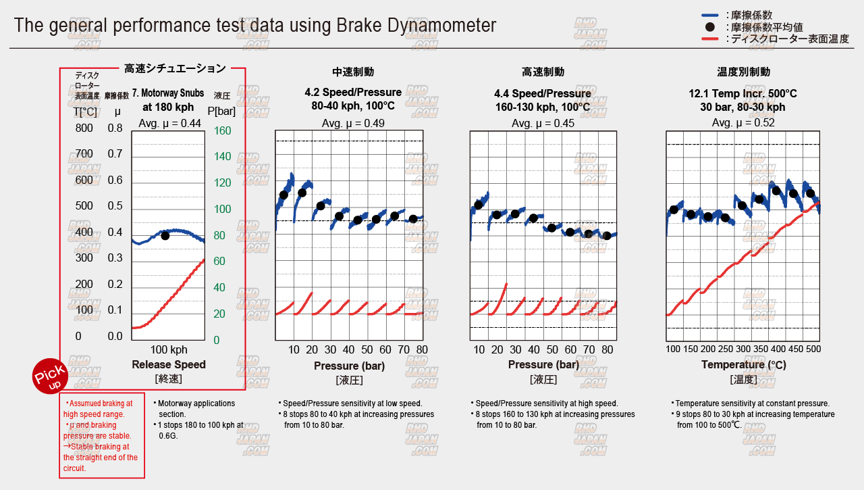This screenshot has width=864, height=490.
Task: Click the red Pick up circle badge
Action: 50,374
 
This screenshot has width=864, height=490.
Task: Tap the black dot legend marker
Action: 709,28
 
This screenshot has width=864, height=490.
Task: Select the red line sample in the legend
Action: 709,39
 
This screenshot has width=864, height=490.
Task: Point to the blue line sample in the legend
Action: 709,15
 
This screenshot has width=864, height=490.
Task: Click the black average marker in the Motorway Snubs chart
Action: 165,235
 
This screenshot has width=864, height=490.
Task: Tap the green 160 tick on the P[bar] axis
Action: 222,130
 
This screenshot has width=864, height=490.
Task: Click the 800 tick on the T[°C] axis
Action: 84,128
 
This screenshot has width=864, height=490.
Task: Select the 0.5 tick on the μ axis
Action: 115,206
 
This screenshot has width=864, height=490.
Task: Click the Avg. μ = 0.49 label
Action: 348,123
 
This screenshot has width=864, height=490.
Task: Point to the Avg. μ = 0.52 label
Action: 743,123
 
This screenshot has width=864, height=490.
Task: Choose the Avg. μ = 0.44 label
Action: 169,123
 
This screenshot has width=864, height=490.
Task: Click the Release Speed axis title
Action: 169,365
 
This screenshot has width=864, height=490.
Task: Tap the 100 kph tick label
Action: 169,350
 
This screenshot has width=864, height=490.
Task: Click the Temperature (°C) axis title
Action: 743,365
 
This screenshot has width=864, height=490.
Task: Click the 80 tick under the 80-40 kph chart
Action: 422,349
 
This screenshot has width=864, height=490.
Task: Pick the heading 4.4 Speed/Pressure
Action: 543,93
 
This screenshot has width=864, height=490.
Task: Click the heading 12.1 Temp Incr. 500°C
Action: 742,93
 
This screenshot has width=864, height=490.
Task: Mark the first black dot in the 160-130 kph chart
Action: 479,205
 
